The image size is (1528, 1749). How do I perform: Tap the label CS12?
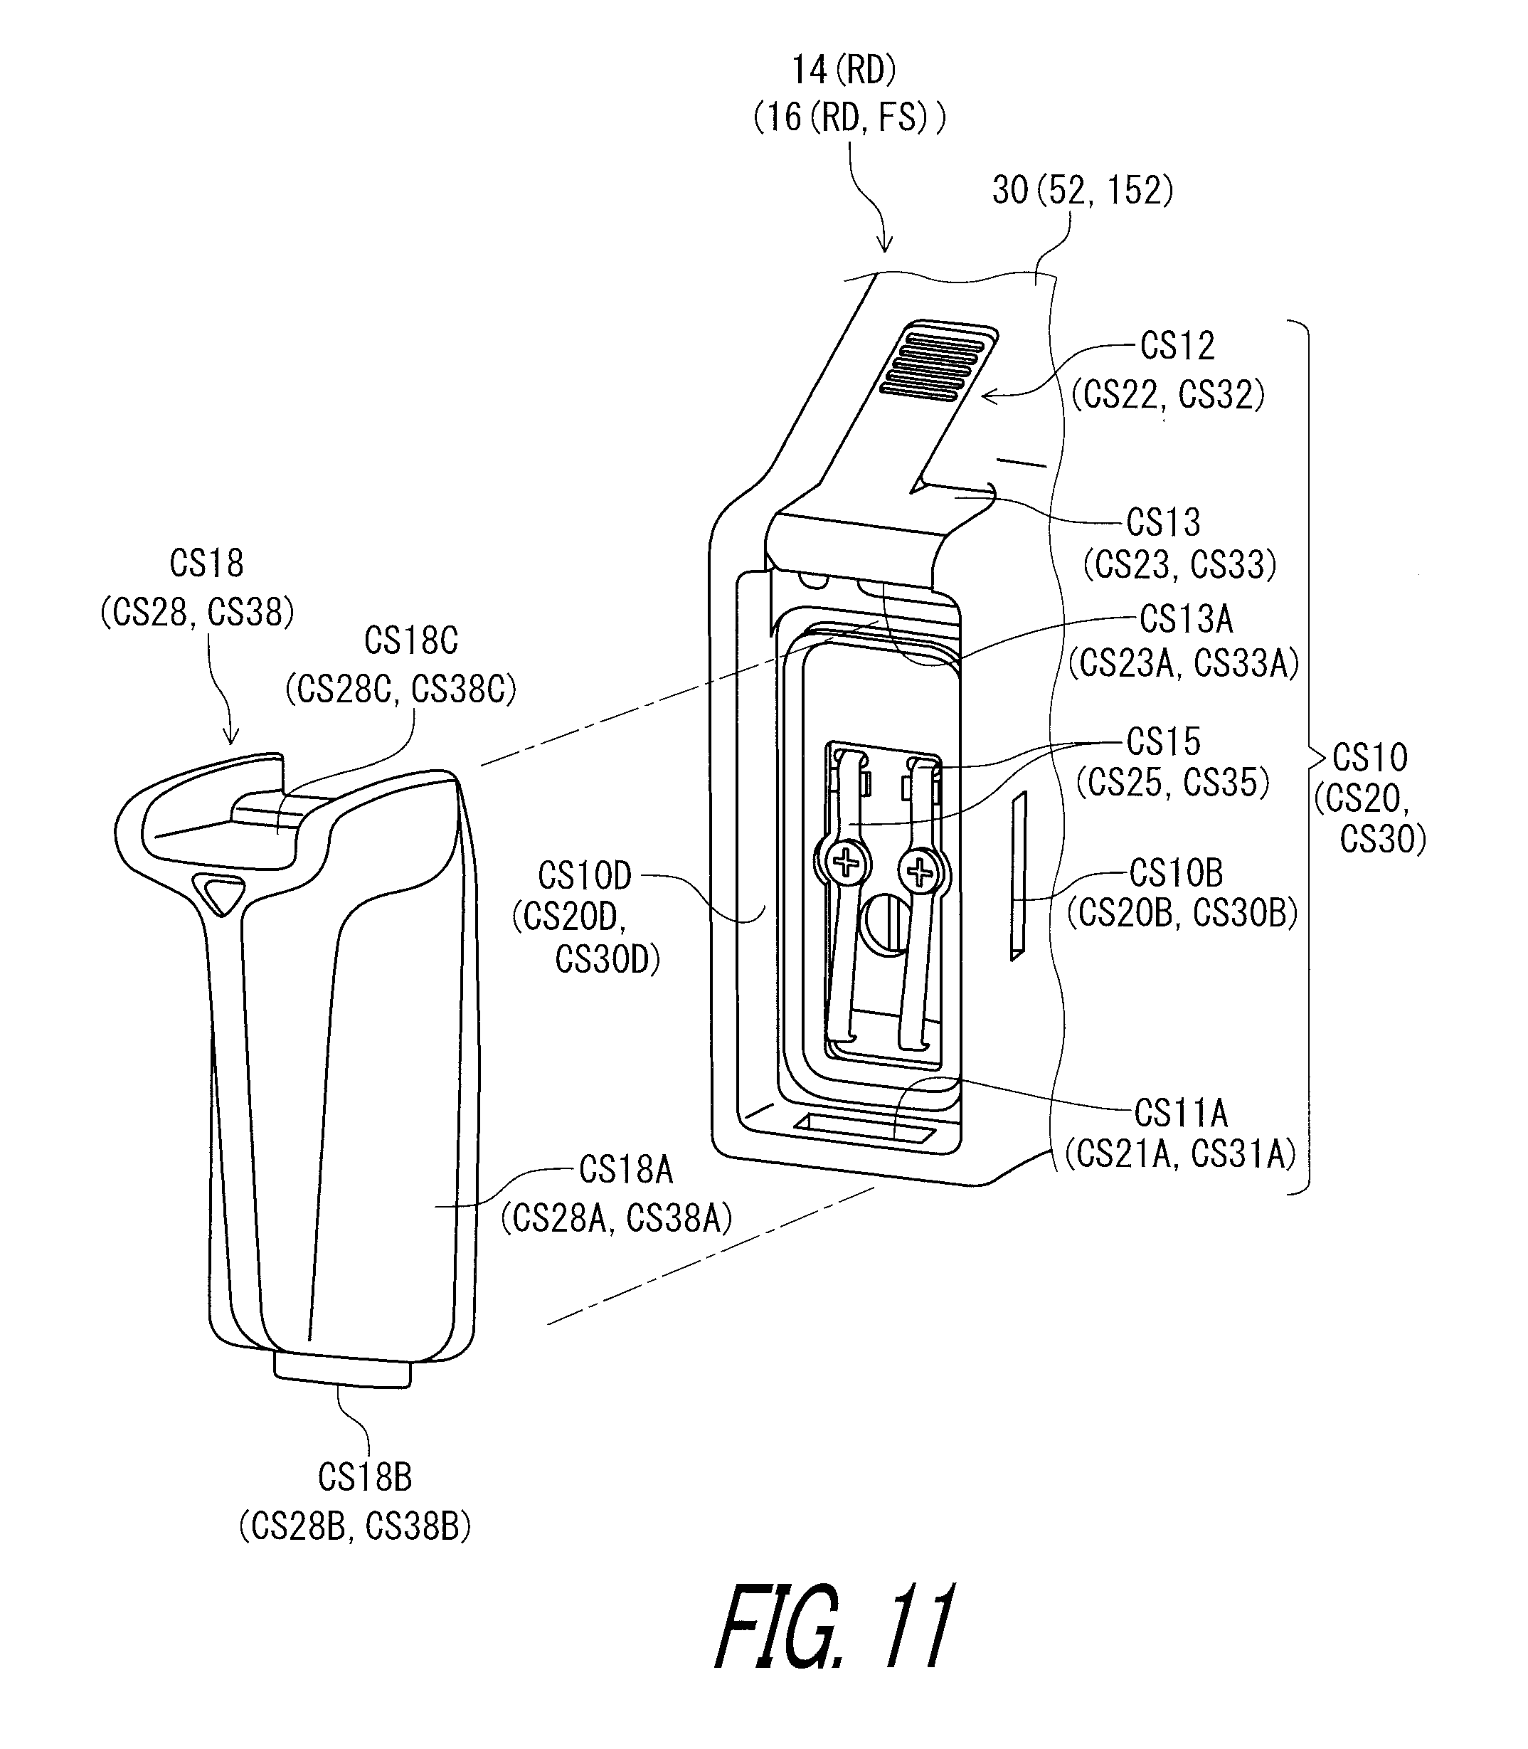pyautogui.click(x=1177, y=345)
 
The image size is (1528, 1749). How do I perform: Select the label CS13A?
pyautogui.click(x=1186, y=619)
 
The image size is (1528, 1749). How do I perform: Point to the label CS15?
pyautogui.click(x=1163, y=741)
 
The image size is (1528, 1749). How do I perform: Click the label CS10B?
pyautogui.click(x=1176, y=872)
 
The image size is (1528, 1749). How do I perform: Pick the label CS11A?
pyautogui.click(x=1181, y=1113)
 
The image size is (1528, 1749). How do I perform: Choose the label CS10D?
pyautogui.click(x=584, y=875)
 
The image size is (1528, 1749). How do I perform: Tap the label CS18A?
pyautogui.click(x=626, y=1169)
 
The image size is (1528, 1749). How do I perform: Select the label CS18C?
pyautogui.click(x=411, y=640)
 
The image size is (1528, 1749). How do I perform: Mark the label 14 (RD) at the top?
pyautogui.click(x=844, y=70)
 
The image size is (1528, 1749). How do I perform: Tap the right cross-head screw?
pyautogui.click(x=920, y=872)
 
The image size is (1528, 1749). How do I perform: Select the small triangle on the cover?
pyautogui.click(x=221, y=893)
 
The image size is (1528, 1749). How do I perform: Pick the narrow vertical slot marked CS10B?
pyautogui.click(x=1018, y=876)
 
